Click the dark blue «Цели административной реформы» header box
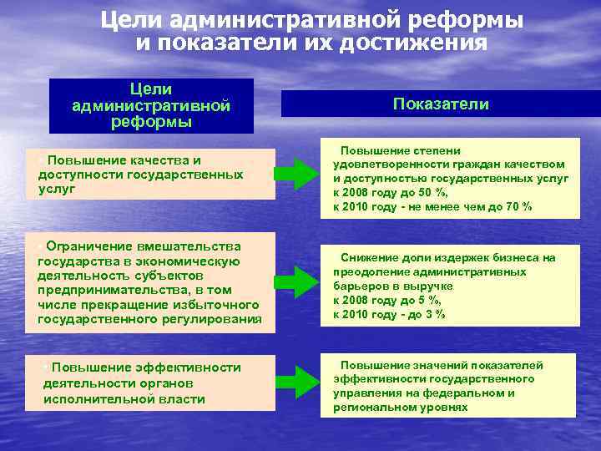151,105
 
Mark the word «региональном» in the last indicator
371,407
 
